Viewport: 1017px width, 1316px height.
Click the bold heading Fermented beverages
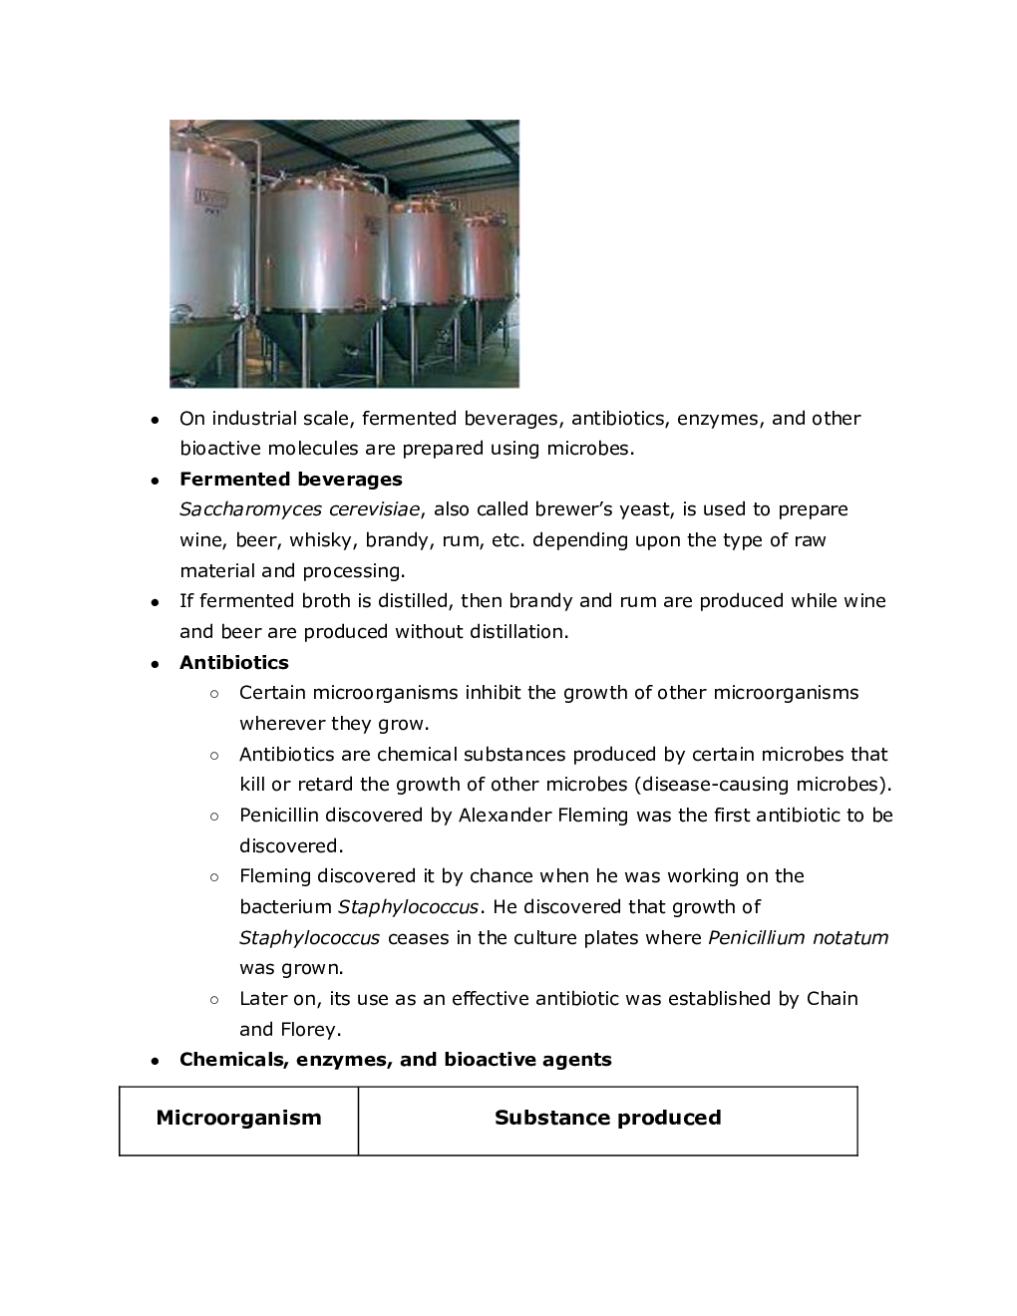290,480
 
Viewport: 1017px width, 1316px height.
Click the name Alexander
504,816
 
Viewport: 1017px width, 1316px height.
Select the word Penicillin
278,816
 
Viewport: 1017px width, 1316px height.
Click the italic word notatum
849,938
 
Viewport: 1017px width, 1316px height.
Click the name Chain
832,999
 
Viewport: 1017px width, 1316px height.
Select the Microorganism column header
238,1118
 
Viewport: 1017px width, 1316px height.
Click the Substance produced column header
607,1118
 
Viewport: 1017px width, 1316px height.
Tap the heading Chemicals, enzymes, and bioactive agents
395,1060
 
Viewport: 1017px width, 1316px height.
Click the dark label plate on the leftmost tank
212,196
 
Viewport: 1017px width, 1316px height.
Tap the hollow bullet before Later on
214,999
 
